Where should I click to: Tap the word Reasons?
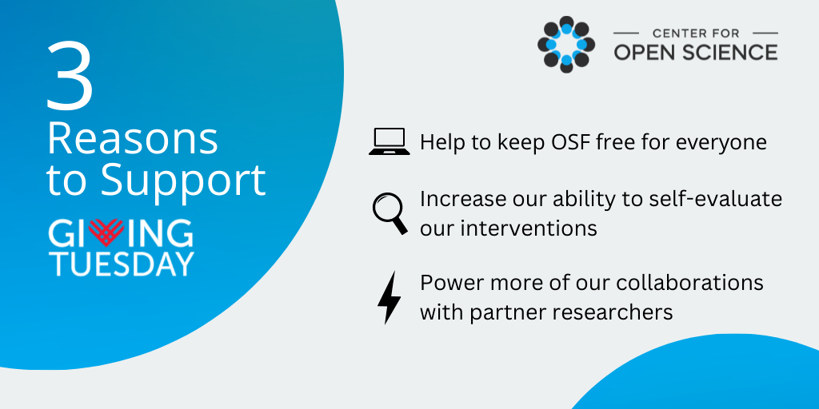133,140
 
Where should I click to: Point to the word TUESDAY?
122,264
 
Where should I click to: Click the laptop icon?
390,141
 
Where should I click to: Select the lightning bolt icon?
390,298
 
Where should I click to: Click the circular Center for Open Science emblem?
566,45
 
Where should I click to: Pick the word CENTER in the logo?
670,34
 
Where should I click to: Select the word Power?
448,283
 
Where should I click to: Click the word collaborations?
690,283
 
